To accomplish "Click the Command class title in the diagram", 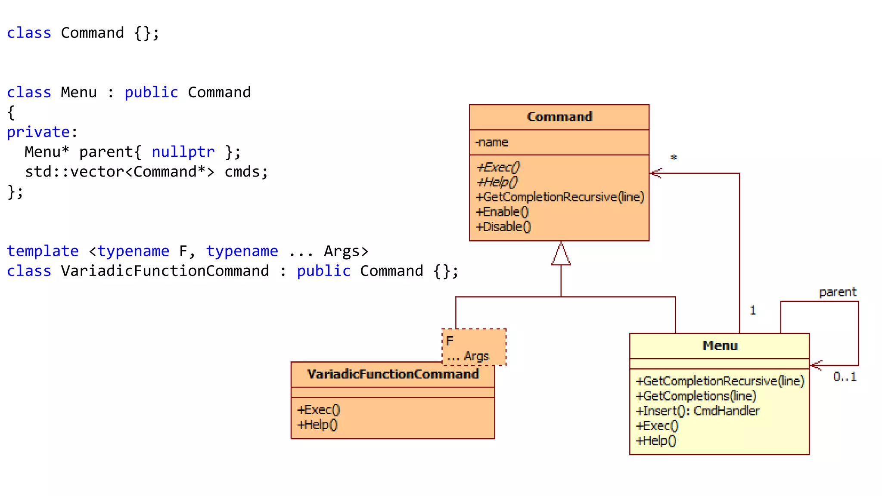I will tap(559, 117).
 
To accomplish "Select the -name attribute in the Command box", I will tap(492, 143).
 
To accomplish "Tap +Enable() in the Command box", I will tap(502, 212).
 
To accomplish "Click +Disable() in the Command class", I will tap(503, 227).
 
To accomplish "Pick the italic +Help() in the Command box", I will tap(497, 182).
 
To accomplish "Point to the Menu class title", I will tap(720, 346).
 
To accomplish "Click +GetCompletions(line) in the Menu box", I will tap(696, 396).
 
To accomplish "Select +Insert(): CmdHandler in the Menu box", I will tap(698, 411).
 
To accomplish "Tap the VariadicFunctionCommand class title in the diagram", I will tap(393, 374).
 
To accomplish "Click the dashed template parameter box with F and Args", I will tap(474, 347).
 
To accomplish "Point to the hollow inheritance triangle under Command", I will tap(561, 254).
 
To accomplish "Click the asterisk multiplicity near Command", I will tap(674, 158).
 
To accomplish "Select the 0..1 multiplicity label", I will tap(845, 377).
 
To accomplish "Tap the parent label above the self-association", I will tap(837, 292).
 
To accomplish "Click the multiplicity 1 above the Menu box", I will tap(752, 310).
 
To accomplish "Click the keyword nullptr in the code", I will tap(183, 152).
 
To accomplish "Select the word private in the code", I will tap(38, 132).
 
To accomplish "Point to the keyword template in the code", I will tap(43, 251).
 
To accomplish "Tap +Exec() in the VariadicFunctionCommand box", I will tap(319, 410).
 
